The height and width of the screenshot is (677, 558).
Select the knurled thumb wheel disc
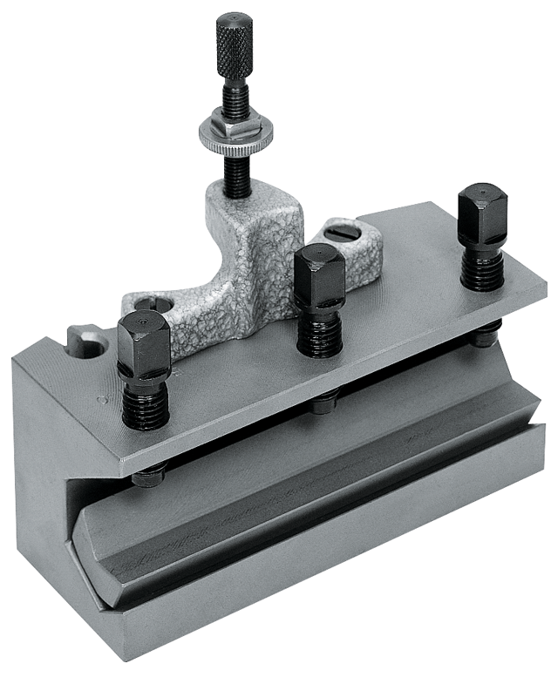235,136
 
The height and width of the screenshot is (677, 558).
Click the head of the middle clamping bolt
319,275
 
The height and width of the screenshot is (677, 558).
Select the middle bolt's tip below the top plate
324,403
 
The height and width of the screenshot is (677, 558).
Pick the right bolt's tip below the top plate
486,335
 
